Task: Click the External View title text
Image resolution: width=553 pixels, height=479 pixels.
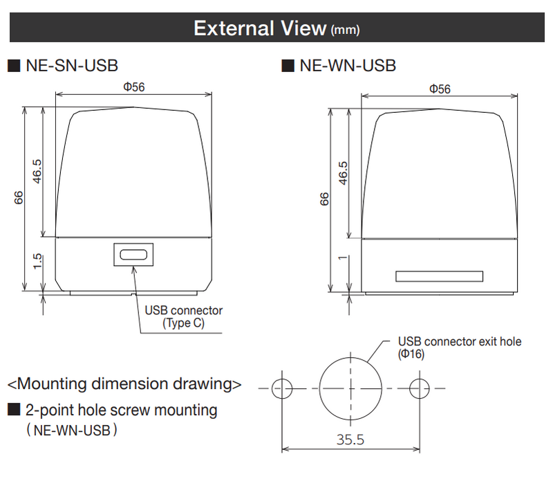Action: (x=276, y=28)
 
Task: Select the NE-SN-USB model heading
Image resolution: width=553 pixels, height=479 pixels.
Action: (x=72, y=66)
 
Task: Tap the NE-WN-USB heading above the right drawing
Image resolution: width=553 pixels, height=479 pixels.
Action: (x=348, y=66)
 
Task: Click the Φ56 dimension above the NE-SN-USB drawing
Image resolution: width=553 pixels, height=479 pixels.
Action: (x=134, y=87)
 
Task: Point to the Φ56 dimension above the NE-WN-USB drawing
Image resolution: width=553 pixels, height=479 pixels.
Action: (x=440, y=89)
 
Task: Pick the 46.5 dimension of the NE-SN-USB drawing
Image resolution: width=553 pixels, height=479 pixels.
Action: (x=37, y=172)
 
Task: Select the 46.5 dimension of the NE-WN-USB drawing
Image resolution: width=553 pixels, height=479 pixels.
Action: (x=343, y=173)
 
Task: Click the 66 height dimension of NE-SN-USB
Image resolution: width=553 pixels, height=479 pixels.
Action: (x=19, y=198)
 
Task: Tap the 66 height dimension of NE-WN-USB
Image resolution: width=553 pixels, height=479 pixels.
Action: (x=324, y=199)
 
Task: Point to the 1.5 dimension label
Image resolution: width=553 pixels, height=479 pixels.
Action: (x=37, y=262)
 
